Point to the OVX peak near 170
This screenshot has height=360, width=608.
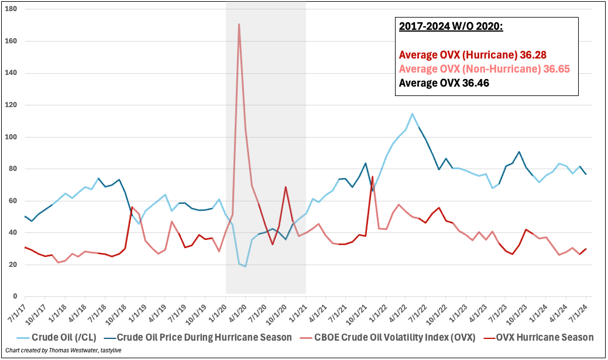(239, 25)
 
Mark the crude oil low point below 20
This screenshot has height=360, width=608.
(246, 266)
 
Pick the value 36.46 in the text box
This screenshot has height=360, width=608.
(475, 83)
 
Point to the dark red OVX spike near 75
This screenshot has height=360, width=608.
(372, 177)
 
